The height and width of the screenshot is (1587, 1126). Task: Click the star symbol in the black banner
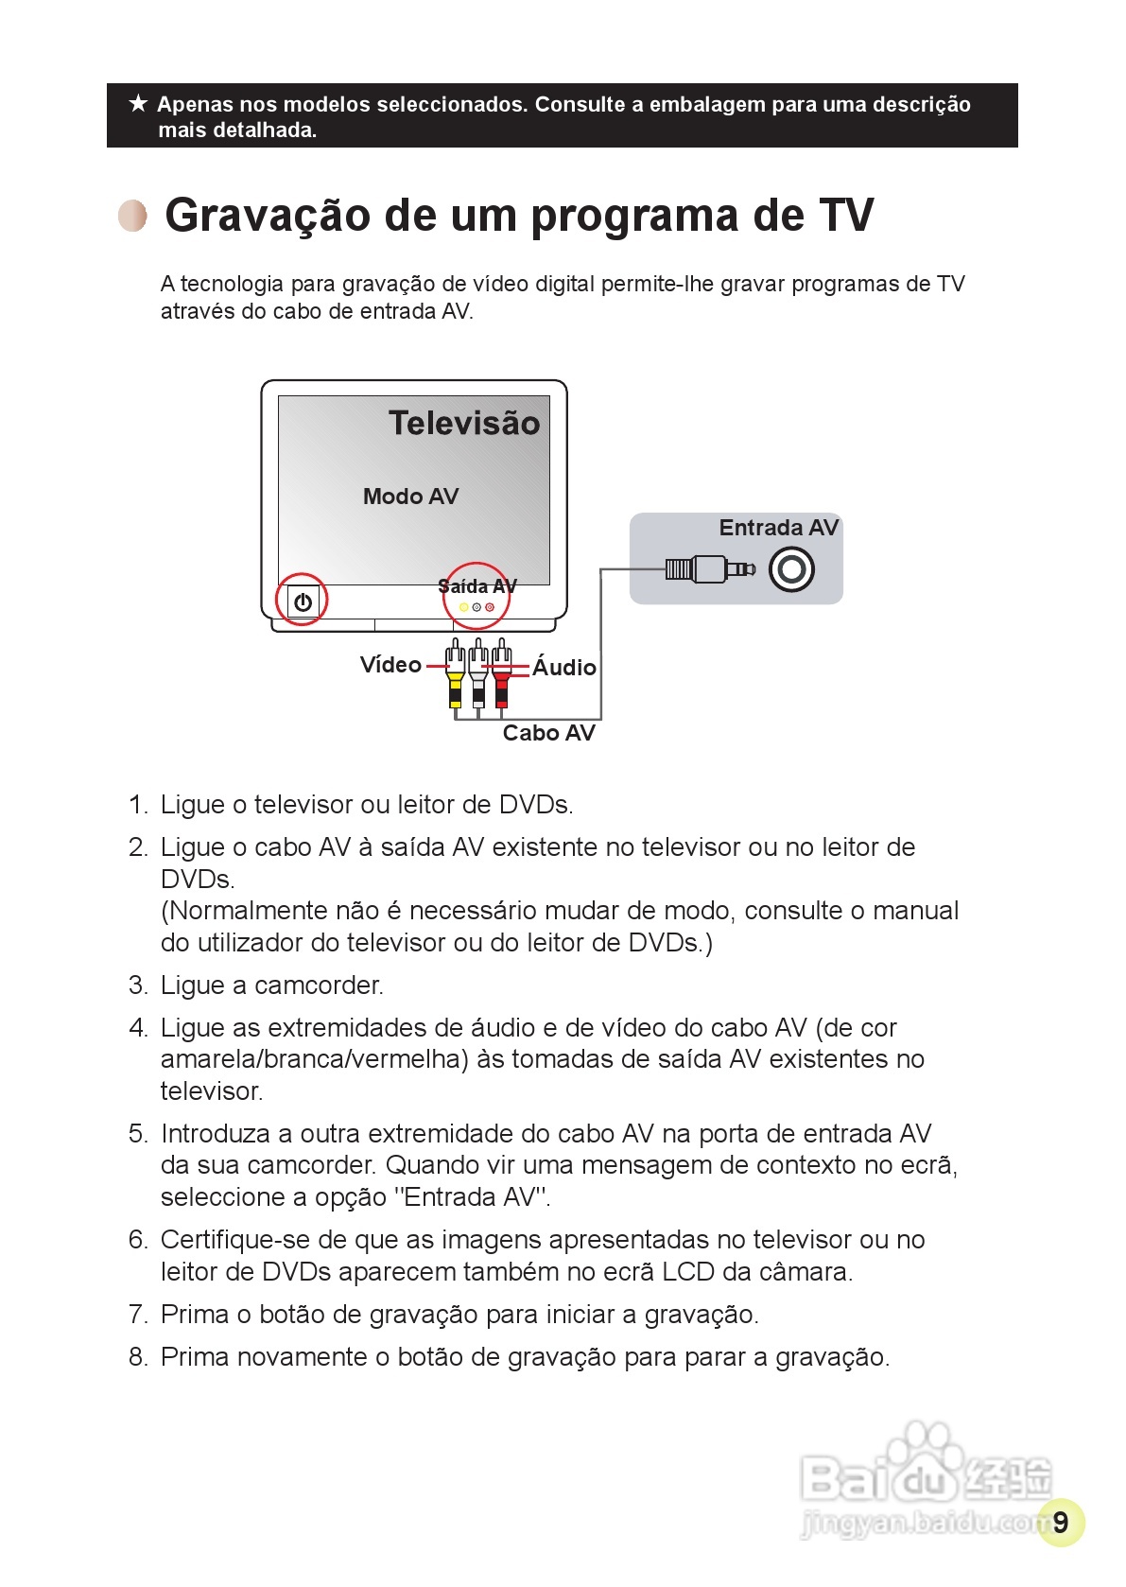pos(138,103)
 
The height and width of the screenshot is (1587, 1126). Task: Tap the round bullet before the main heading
pos(133,216)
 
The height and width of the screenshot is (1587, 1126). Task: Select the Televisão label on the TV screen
pos(463,423)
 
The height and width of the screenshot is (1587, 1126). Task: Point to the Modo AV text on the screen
pos(410,497)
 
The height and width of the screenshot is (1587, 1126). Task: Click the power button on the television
pos(303,601)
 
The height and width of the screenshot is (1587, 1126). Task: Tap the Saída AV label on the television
pos(477,586)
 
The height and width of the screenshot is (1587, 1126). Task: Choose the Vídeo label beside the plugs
pos(390,665)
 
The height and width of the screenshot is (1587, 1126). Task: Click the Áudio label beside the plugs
pos(564,668)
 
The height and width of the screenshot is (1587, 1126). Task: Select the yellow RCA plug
pos(456,676)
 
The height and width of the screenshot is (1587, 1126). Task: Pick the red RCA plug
pos(502,676)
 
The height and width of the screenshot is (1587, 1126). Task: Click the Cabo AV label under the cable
pos(548,733)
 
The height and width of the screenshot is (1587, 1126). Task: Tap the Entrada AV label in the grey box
pos(778,528)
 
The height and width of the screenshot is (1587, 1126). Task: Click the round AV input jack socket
pos(791,569)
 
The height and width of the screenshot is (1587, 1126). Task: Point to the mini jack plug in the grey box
pos(709,568)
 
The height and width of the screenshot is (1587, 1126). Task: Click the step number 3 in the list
pos(138,985)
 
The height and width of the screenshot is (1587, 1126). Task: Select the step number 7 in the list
pos(138,1315)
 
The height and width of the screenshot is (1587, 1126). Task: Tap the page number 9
pos(1060,1522)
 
